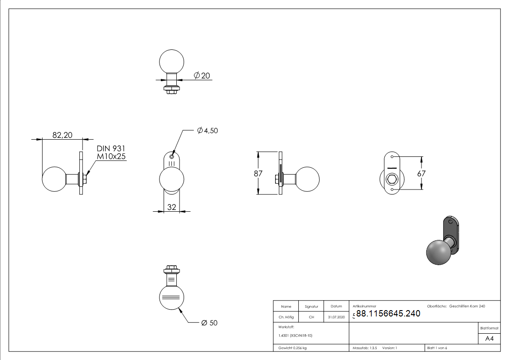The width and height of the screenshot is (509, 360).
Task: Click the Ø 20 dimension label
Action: click(202, 76)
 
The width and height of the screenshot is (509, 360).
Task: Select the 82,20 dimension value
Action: click(63, 135)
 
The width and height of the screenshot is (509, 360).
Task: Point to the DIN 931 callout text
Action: click(111, 148)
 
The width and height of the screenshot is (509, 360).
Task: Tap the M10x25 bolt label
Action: click(111, 156)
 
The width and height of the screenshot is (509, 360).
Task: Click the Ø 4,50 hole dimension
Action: click(208, 131)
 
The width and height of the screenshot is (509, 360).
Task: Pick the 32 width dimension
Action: click(172, 207)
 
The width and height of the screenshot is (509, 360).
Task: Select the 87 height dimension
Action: click(258, 173)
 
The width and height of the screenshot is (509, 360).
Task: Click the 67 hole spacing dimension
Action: click(421, 173)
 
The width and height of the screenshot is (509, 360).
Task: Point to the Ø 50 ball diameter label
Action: click(209, 323)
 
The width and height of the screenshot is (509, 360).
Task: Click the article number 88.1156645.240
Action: click(388, 313)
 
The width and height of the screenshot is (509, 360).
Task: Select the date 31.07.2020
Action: click(336, 317)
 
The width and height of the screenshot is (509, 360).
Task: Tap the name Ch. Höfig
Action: click(286, 317)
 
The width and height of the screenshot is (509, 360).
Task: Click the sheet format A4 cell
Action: click(489, 339)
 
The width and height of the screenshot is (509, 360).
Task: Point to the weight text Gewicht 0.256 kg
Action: click(292, 348)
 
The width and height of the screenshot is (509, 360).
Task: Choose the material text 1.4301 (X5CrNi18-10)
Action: click(295, 336)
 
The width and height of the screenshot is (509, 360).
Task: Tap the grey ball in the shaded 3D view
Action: click(439, 253)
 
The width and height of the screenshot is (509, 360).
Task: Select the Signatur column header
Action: click(311, 306)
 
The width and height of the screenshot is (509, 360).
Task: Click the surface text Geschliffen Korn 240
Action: click(467, 306)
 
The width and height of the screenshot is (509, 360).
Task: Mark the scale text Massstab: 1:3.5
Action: click(364, 348)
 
